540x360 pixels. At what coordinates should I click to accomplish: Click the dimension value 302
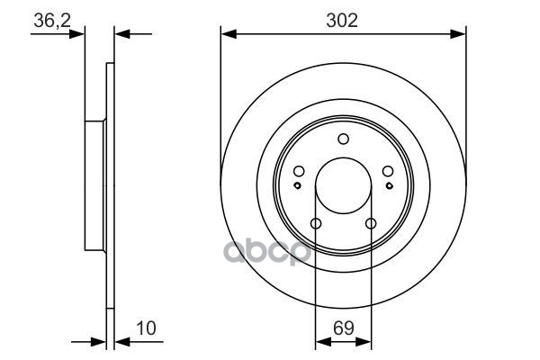click(343, 21)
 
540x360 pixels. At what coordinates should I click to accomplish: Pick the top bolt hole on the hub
click(343, 139)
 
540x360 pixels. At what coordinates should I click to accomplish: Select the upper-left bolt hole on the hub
click(300, 172)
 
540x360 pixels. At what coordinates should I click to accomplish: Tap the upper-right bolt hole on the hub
click(386, 172)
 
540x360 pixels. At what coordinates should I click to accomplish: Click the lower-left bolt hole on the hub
click(316, 224)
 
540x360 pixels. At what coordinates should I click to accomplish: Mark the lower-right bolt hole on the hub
click(370, 224)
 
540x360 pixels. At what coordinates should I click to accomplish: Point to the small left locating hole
click(298, 185)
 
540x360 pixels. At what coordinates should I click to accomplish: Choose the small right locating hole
click(388, 185)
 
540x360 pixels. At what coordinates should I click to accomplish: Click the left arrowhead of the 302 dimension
click(227, 35)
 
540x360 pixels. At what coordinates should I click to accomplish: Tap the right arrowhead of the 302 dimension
click(460, 35)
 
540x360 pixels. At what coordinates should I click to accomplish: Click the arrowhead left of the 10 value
click(100, 342)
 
